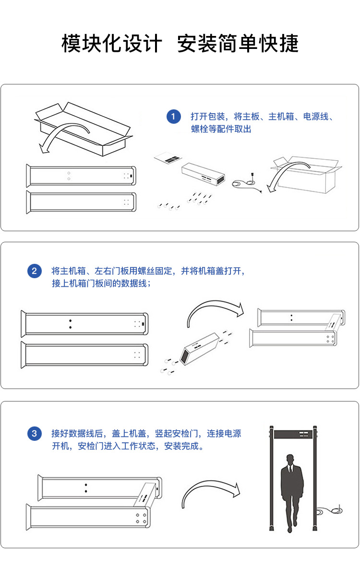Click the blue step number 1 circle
pos(174,117)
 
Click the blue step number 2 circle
pos(35,271)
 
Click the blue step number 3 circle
pos(35,434)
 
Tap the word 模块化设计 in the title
pos(112,43)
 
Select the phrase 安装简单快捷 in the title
pos(238,43)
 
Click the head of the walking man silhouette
pos(290,460)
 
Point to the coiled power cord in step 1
pos(247,183)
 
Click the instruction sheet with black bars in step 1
pos(168,158)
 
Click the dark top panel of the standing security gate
pos(293,434)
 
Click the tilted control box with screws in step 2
pos(199,349)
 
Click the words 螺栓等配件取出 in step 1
pos(221,129)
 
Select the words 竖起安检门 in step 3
pos(176,434)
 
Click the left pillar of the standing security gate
pos(271,478)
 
